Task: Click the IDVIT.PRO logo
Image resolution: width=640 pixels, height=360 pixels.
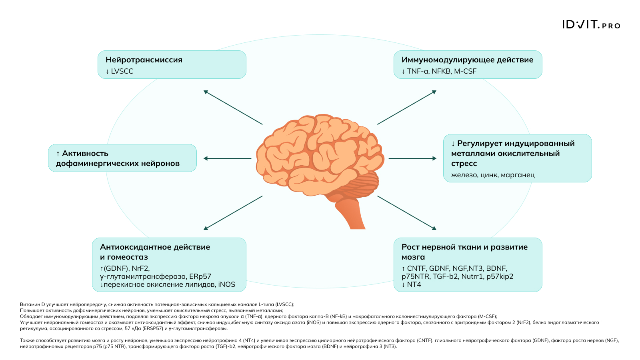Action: pos(591,25)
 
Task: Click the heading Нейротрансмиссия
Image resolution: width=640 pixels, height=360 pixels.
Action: pos(144,60)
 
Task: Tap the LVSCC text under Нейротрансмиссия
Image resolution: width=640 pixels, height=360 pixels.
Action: pos(122,72)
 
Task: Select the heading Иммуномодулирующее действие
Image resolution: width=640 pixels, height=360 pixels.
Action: pos(467,60)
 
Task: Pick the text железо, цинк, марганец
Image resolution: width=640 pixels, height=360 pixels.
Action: pos(493,175)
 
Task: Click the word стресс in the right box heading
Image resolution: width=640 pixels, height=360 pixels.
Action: pos(464,164)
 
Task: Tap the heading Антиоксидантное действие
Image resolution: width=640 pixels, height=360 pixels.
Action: pos(155,247)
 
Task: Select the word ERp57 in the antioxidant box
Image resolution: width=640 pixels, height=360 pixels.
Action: pos(200,276)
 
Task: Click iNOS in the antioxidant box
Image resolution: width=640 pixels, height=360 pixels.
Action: pos(227,284)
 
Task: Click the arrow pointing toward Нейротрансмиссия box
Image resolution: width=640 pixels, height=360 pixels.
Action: pos(233,107)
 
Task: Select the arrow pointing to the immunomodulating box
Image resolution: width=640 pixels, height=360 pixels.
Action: pos(407,107)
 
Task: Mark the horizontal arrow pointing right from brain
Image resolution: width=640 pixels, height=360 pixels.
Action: pos(412,158)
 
